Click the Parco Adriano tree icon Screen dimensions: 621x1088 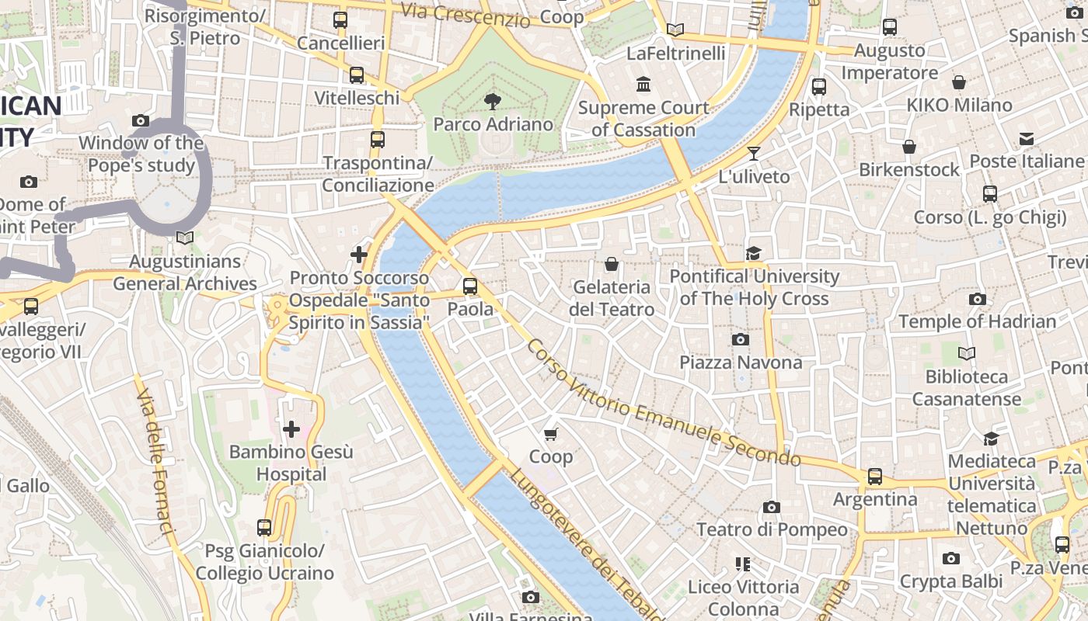click(492, 100)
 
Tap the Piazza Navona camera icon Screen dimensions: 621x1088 click(741, 339)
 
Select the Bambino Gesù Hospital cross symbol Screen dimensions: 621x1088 click(291, 428)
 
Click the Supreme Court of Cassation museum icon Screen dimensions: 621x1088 click(643, 84)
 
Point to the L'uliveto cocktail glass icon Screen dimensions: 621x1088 click(753, 153)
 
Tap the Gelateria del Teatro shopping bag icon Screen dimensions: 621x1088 click(612, 264)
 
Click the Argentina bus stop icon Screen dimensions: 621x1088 click(875, 476)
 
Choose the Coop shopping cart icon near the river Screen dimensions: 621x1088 click(551, 434)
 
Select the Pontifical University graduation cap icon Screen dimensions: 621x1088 click(753, 253)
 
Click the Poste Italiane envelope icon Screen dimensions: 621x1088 click(1027, 138)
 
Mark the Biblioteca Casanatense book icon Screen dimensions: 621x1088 click(966, 354)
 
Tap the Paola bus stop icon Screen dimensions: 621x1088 click(470, 286)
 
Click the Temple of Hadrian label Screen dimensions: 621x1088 click(977, 321)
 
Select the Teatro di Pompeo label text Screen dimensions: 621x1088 click(772, 529)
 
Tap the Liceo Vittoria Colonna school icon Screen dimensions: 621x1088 click(742, 564)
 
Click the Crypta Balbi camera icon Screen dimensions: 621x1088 click(950, 558)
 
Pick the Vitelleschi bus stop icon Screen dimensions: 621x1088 click(357, 75)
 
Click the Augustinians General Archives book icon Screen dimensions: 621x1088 click(185, 238)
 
